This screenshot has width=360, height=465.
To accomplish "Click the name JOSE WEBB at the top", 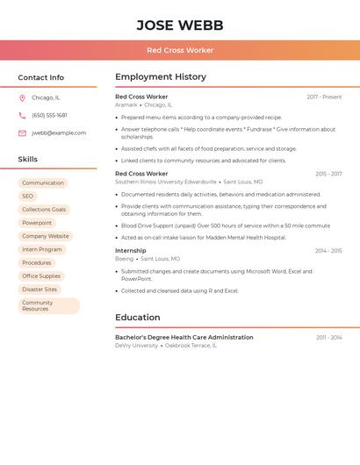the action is point(180,25).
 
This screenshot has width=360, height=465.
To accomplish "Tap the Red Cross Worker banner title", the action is point(180,50).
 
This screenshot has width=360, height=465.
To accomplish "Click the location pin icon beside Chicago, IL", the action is point(22,97).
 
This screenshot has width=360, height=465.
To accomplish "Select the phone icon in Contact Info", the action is point(22,115).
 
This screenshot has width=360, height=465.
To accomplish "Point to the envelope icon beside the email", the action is point(22,133).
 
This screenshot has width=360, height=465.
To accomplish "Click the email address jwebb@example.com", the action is point(59,133).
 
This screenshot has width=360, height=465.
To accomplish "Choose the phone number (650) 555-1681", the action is point(49,115).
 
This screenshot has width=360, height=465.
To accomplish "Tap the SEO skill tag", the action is point(28,197).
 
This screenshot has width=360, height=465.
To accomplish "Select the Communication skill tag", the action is point(43,183).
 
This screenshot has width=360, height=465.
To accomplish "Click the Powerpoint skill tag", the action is point(37,223).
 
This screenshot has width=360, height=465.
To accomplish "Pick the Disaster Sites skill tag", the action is point(40,289).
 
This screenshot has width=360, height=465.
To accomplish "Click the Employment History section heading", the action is point(161,77).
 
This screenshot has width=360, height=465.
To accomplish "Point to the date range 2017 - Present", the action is point(324,97).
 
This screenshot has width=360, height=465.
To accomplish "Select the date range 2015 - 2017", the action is point(328,174).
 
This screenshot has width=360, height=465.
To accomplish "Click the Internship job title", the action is point(131,251).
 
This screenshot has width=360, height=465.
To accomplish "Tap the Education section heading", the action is point(138,318).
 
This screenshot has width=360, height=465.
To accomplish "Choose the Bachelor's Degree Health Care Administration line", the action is point(184,337).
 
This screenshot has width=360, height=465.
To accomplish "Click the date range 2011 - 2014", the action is point(329,338).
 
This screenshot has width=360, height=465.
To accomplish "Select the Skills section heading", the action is point(28,160).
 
